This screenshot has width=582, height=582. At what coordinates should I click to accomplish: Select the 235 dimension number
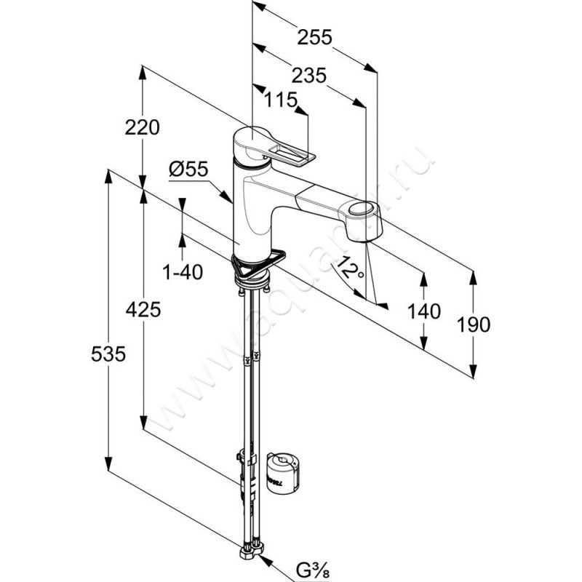(306, 75)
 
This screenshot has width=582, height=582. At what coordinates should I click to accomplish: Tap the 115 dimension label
(281, 101)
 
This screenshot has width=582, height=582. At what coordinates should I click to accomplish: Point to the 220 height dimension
(142, 128)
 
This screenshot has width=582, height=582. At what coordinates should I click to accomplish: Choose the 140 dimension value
(424, 311)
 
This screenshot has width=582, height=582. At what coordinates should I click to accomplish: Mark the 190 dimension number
(474, 324)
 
